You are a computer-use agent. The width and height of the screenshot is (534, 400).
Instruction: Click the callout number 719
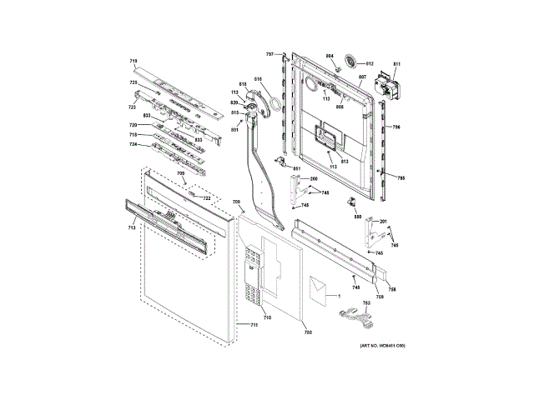(133, 62)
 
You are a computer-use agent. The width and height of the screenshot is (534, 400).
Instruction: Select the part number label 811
(396, 63)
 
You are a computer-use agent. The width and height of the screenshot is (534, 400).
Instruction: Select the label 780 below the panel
(307, 332)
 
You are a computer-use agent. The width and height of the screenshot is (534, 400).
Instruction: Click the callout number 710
(267, 317)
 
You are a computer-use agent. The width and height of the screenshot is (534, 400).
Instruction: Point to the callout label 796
(397, 127)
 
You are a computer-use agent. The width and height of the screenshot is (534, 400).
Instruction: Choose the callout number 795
(400, 177)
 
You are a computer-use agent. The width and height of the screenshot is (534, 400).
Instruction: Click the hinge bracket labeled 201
(370, 236)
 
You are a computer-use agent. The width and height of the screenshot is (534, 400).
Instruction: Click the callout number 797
(270, 54)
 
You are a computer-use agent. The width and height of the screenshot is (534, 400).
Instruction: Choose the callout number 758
(391, 289)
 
